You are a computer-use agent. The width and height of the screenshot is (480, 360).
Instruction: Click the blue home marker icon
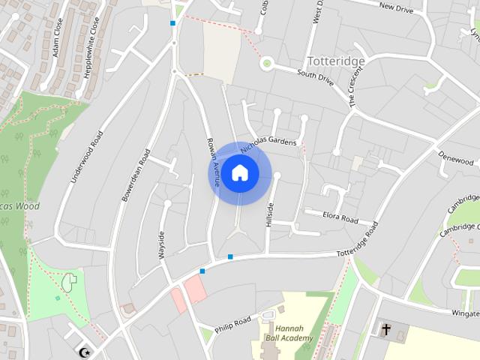(x=239, y=172)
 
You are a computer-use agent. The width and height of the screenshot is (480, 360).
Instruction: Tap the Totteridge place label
(x=336, y=61)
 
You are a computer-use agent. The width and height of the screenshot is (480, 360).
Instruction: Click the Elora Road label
(x=340, y=218)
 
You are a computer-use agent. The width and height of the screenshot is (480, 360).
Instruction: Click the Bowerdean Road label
(x=136, y=175)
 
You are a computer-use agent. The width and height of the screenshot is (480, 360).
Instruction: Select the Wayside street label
(x=160, y=245)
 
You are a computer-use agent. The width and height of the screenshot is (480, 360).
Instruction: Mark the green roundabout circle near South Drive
(x=265, y=64)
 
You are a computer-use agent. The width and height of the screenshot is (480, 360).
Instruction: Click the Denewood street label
(x=456, y=160)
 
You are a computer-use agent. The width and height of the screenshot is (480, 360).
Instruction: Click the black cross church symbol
(x=386, y=329)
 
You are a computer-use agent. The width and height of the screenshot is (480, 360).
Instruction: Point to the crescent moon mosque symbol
(x=85, y=351)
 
